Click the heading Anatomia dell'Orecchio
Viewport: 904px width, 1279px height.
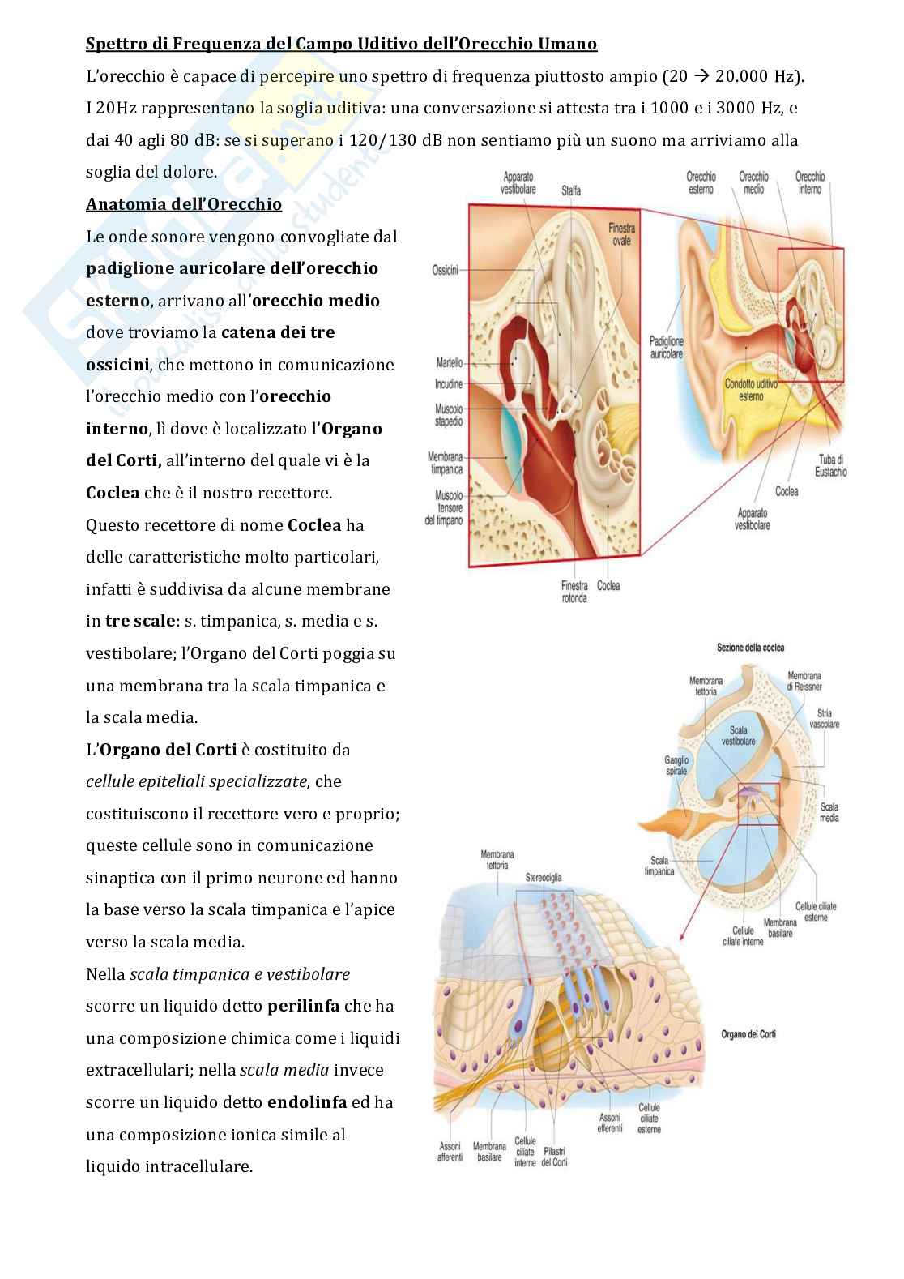184,204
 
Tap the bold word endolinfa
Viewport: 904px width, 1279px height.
306,1102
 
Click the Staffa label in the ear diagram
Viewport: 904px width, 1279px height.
571,191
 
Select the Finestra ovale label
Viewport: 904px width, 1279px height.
621,234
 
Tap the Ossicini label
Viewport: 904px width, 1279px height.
446,270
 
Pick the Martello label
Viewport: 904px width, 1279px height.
448,363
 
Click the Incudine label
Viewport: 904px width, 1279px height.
448,383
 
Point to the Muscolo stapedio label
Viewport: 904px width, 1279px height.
449,416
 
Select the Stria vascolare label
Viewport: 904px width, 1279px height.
825,718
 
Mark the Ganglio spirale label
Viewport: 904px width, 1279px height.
676,765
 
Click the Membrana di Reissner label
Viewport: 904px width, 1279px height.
804,681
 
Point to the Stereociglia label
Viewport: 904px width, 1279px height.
544,878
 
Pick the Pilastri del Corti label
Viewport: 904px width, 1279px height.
555,1157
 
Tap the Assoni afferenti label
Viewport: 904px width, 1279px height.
450,1152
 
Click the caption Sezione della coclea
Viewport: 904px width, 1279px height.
750,648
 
